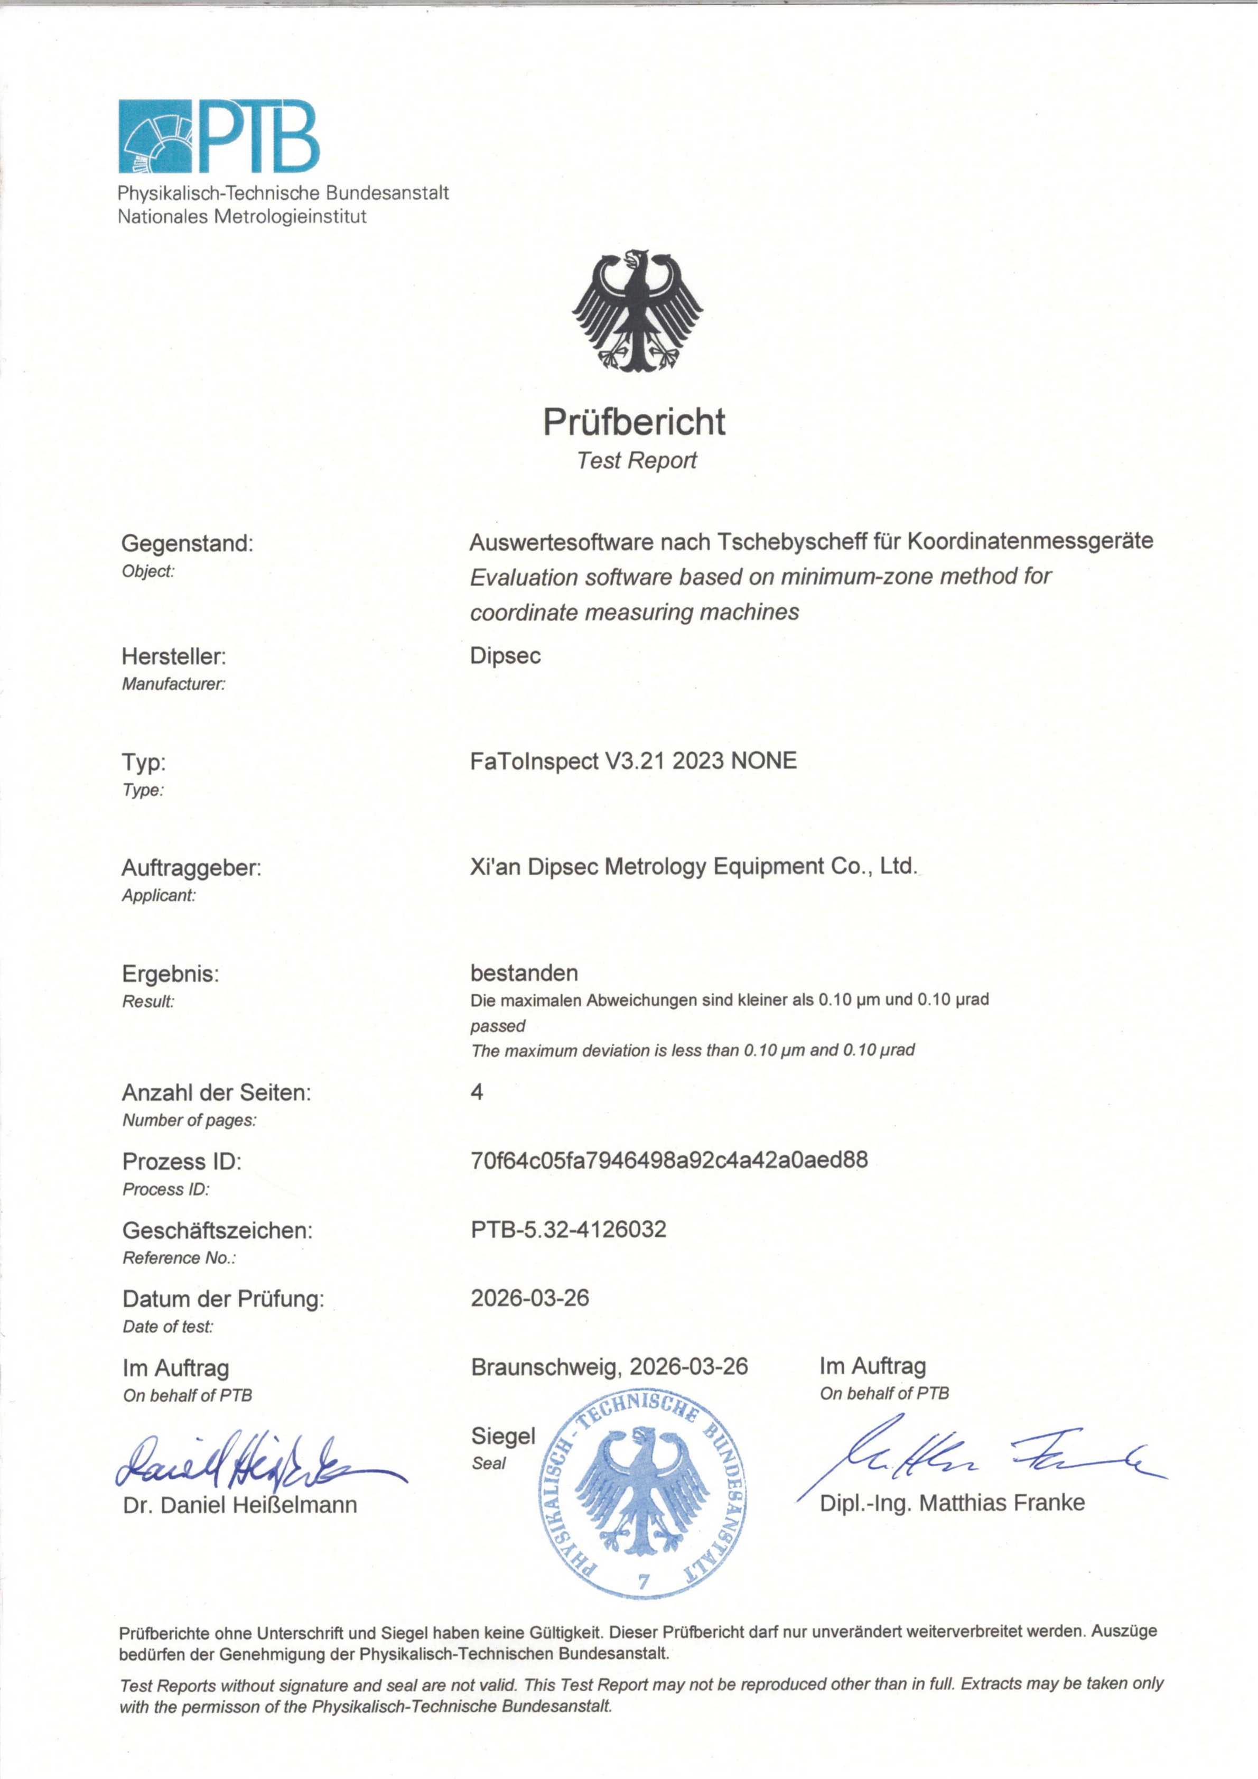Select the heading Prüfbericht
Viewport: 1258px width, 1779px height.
[633, 422]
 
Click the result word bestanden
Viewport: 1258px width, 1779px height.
[524, 972]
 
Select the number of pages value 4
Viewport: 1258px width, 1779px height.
[477, 1092]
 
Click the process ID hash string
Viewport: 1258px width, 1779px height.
[669, 1160]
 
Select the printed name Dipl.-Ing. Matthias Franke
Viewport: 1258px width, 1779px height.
[952, 1503]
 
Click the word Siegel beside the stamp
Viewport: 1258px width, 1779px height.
[503, 1436]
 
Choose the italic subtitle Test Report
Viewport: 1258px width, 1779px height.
[637, 460]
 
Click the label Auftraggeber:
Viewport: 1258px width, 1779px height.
[191, 868]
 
